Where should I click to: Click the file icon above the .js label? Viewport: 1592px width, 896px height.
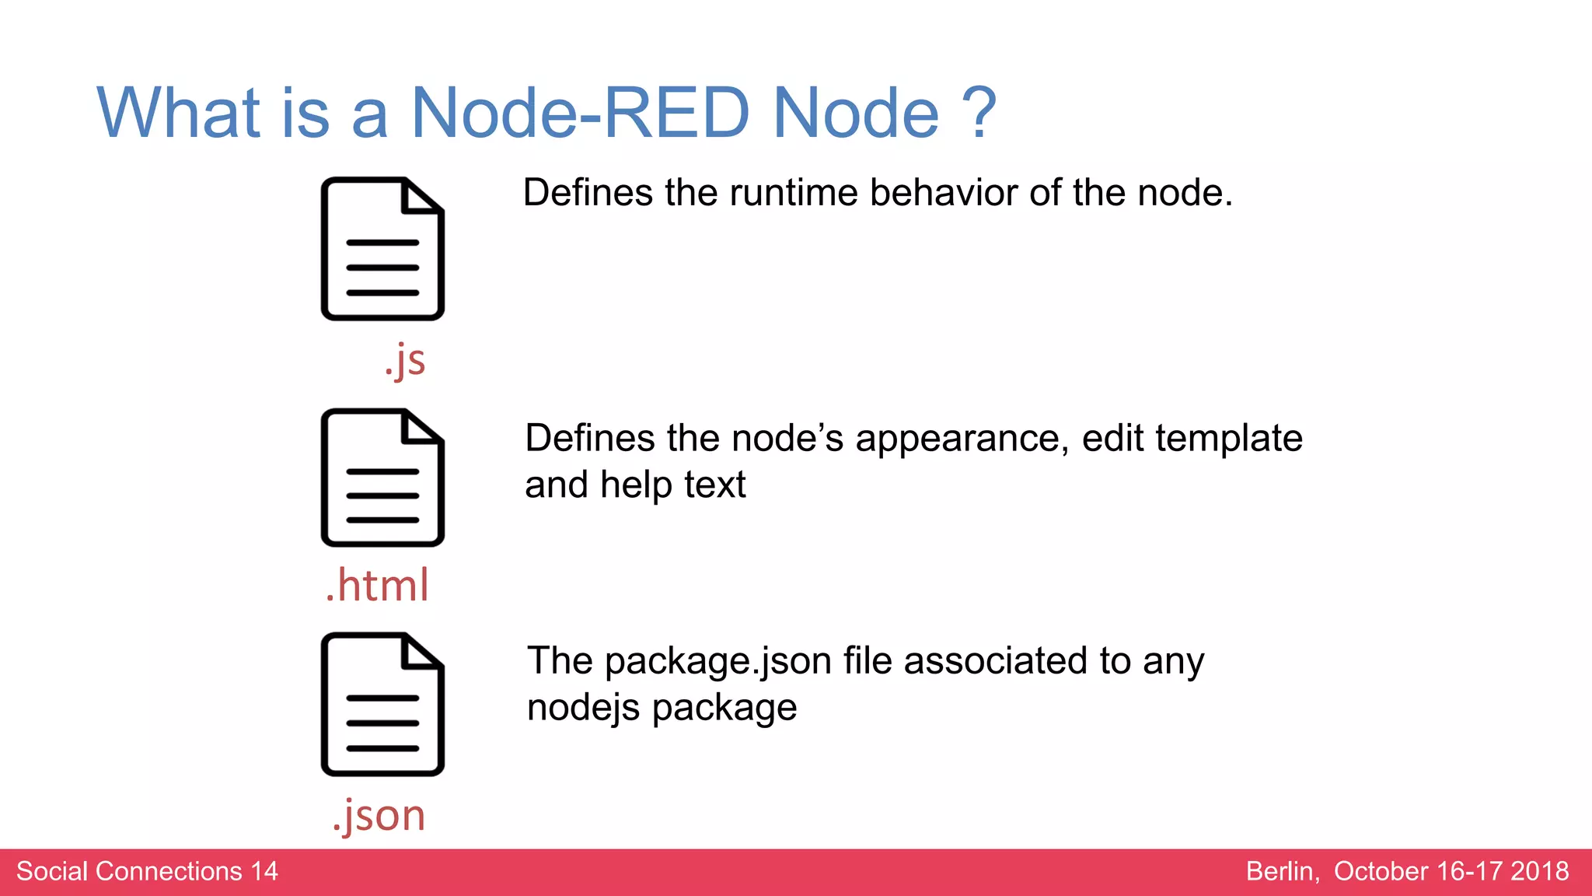382,249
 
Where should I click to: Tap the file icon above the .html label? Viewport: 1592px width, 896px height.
382,478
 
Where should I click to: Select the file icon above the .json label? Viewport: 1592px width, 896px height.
382,705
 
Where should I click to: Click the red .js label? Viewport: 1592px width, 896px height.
405,360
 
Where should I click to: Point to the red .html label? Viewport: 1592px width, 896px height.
377,585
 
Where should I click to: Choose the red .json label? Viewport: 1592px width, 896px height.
379,815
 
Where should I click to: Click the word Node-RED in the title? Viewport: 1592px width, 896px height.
579,114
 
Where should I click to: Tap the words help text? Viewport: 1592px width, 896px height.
672,485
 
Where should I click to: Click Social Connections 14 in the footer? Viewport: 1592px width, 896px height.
147,871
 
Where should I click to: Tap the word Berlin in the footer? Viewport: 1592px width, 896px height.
1282,871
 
